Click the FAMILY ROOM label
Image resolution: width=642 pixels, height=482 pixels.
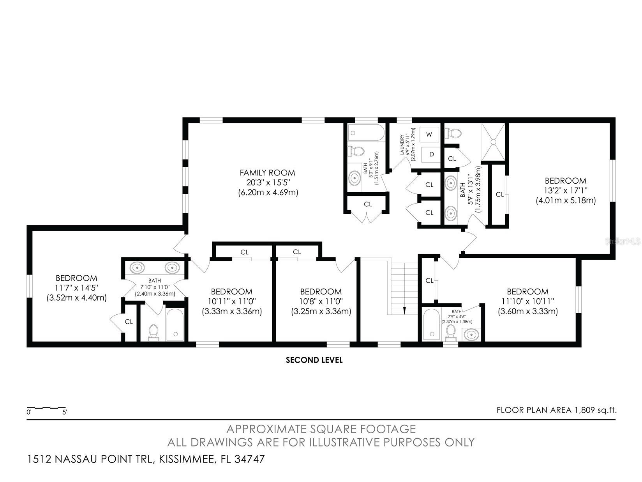267,173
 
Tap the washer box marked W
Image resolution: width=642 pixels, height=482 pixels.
429,134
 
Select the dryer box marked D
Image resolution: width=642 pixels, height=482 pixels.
431,154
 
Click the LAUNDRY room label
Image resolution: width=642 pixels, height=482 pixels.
402,145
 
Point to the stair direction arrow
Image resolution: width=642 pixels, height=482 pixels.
404,310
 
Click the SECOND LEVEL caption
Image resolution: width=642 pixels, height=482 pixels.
314,360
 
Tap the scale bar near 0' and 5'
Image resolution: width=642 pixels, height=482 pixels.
46,408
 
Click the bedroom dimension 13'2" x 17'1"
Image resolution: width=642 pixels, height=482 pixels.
566,191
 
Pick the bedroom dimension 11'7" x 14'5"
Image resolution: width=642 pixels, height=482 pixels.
77,288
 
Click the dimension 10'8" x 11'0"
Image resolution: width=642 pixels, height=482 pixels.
321,301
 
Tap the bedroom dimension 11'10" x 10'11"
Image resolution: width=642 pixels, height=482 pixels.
527,301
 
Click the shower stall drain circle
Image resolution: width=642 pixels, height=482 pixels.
494,142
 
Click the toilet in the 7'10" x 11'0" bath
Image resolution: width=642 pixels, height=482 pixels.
153,333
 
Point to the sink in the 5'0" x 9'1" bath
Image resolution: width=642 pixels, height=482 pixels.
355,178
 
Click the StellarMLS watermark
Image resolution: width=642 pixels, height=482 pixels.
623,241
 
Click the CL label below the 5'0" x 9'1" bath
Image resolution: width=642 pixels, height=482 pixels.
368,204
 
